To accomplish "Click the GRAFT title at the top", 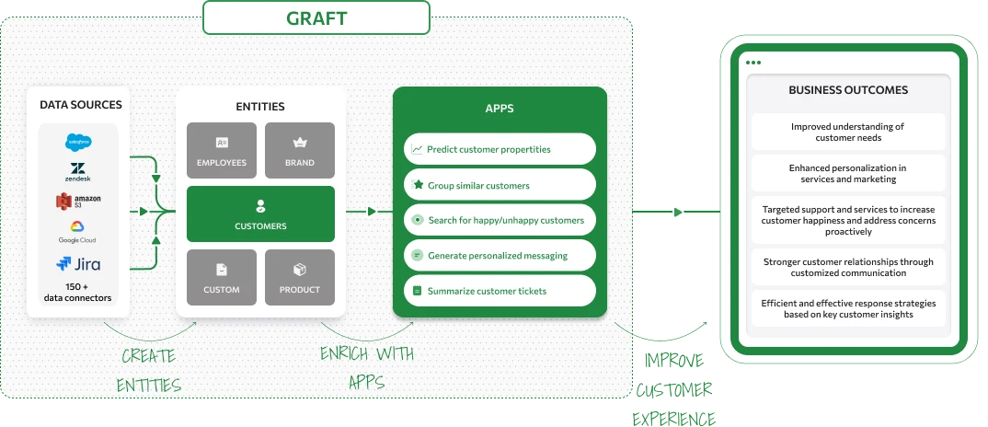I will coord(316,17).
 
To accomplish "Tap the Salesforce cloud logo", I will coord(77,142).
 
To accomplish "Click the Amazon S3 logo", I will coord(77,200).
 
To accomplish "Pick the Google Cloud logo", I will coord(77,232).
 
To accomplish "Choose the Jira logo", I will coord(77,264).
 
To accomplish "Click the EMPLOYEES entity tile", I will coord(222,151).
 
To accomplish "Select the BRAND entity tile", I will coord(299,151).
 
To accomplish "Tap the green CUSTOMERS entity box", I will coord(260,214).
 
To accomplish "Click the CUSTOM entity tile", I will coord(222,277).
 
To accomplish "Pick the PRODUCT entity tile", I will coord(299,277).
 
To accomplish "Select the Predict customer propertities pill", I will coord(500,149).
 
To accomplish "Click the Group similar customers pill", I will coord(500,185).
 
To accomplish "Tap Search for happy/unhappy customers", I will coord(500,220).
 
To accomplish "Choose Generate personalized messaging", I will coord(500,255).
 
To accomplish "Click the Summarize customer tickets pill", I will coord(500,291).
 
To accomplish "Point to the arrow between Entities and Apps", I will coord(370,212).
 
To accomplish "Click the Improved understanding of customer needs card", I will coord(848,132).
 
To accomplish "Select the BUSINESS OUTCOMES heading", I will coord(848,90).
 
